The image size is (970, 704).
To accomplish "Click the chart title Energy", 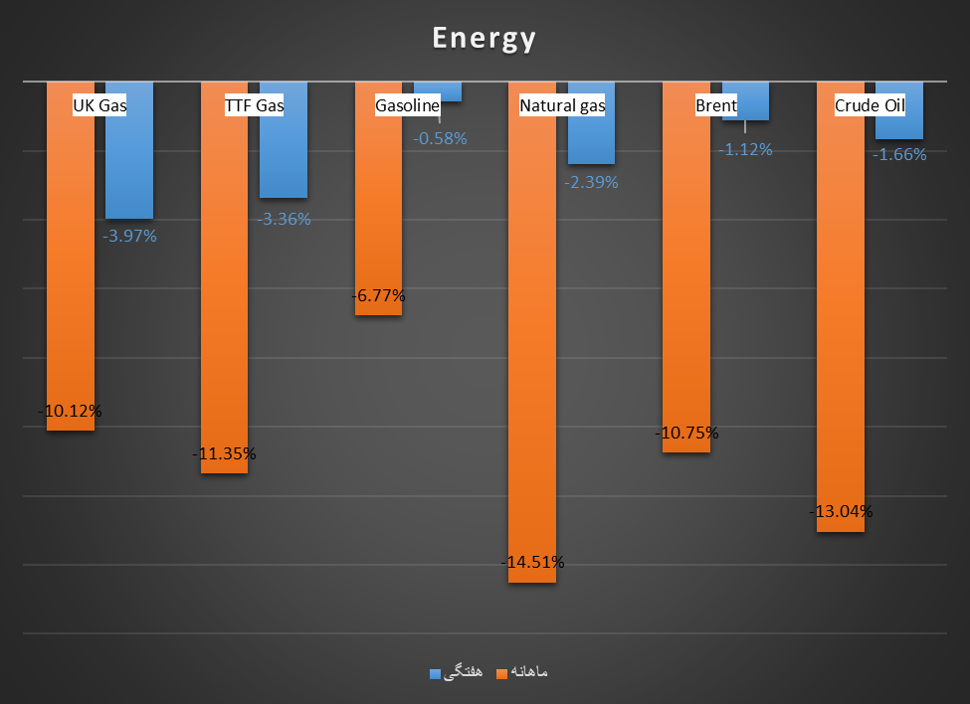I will [x=485, y=38].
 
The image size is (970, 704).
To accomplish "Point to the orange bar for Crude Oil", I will [x=841, y=318].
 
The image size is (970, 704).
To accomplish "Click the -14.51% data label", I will [x=533, y=562].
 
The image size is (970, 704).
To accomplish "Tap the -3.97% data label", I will [x=129, y=236].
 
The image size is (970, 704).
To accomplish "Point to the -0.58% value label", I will [x=440, y=138].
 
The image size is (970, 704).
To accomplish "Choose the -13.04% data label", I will [x=841, y=511].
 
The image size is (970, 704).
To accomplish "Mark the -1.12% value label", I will [x=745, y=149].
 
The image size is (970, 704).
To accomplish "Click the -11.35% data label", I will [x=224, y=453].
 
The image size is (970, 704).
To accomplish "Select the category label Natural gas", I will [x=562, y=105].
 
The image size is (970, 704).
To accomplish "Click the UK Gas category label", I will [x=100, y=105].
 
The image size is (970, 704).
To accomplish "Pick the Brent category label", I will [x=716, y=105].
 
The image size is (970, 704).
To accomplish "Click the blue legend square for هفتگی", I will [x=435, y=673].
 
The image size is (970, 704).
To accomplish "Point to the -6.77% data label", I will [x=378, y=295].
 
